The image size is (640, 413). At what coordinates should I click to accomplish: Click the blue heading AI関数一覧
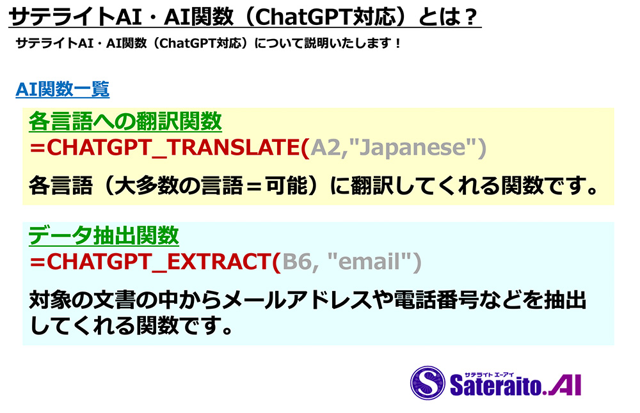(x=63, y=90)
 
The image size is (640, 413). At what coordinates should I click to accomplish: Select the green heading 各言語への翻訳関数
(x=125, y=121)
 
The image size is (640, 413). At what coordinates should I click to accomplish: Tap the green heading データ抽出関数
(x=104, y=235)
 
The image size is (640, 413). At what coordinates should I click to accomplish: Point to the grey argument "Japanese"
(x=412, y=147)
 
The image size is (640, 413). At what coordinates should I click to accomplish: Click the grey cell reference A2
(x=325, y=147)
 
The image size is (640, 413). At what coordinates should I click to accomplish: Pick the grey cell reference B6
(x=297, y=261)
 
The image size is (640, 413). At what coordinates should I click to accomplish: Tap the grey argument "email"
(x=370, y=261)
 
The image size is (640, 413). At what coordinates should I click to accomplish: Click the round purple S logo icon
(x=428, y=382)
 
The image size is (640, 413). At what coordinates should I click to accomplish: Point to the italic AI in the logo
(x=564, y=386)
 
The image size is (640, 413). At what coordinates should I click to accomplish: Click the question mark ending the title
(x=470, y=17)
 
